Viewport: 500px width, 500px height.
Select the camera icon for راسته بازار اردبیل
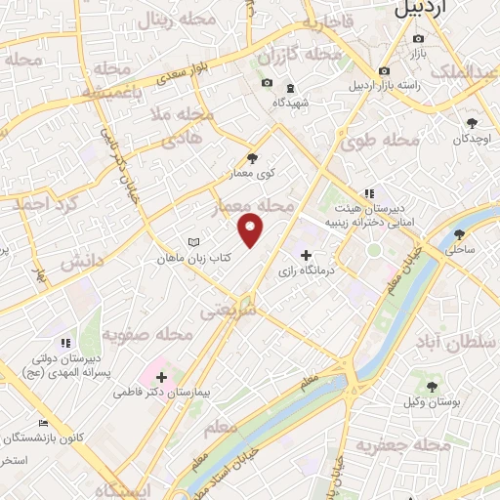click(x=385, y=70)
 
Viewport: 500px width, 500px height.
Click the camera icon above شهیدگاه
click(x=268, y=84)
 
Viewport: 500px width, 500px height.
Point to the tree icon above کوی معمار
click(x=253, y=157)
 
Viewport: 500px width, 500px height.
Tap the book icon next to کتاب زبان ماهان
click(x=193, y=243)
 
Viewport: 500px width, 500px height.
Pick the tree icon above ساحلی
click(x=460, y=234)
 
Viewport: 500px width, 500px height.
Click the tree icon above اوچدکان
click(x=473, y=123)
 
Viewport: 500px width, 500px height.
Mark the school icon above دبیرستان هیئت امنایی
click(x=368, y=193)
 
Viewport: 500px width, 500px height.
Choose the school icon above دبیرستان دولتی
click(x=65, y=343)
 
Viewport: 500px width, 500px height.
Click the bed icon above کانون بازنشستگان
click(x=42, y=423)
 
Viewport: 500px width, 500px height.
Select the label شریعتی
click(x=228, y=312)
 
